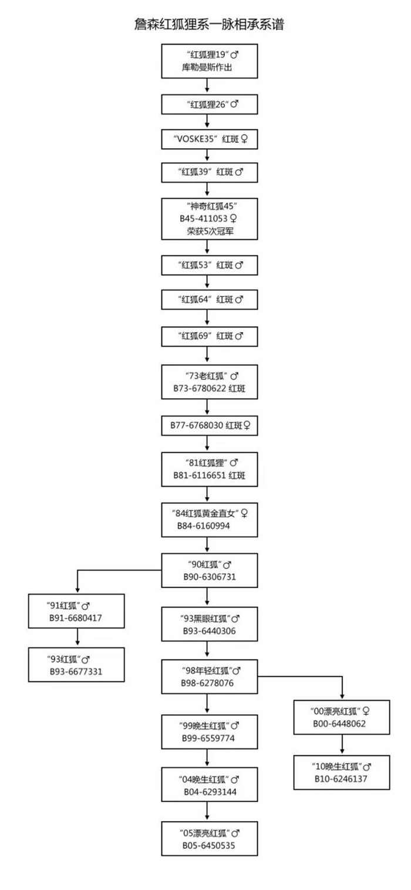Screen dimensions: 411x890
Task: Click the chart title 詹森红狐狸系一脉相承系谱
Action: point(209,24)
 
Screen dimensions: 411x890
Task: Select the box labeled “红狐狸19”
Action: point(210,61)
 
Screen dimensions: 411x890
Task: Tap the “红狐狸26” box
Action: point(210,105)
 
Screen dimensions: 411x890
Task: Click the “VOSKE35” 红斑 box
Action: point(210,139)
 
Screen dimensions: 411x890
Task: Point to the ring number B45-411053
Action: point(204,219)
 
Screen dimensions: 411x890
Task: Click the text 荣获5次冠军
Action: point(210,231)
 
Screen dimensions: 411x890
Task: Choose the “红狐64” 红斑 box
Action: point(210,300)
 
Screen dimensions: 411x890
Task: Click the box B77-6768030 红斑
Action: point(210,426)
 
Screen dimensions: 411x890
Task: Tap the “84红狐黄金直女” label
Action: point(205,513)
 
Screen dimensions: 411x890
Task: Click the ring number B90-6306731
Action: point(210,577)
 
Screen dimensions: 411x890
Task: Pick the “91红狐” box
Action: point(76,611)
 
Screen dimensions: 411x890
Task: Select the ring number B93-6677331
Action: point(76,671)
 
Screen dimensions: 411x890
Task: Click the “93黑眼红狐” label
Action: point(206,618)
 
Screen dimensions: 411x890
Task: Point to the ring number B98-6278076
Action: point(207,683)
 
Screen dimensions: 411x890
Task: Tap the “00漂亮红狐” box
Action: point(342,717)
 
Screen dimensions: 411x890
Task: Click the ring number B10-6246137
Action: point(341,779)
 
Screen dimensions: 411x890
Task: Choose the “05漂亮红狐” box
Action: point(210,839)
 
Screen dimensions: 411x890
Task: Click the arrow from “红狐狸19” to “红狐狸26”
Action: point(207,85)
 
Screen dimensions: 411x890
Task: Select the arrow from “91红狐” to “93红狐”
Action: point(78,637)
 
